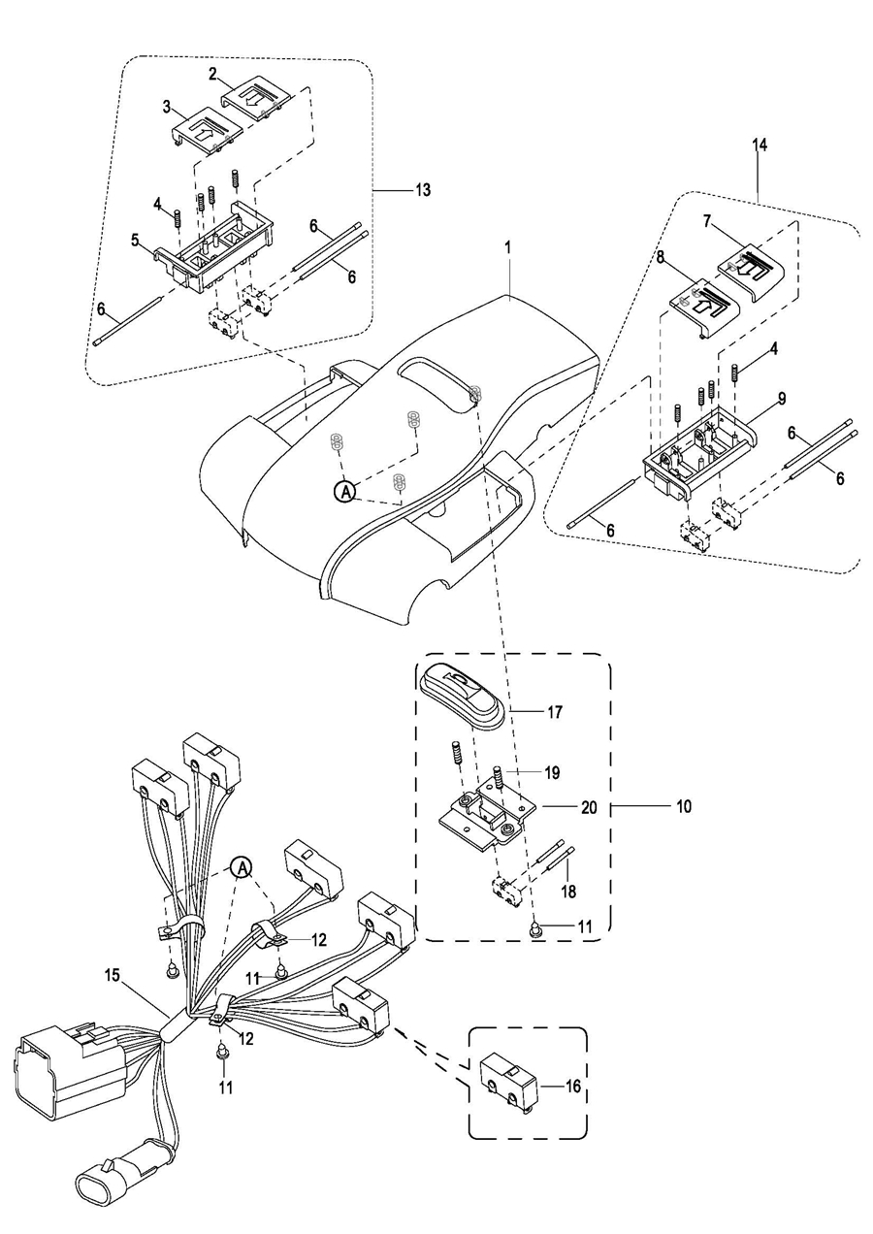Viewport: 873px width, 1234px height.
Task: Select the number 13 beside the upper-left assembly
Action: click(x=423, y=190)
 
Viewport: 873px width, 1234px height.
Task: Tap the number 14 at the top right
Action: click(x=759, y=145)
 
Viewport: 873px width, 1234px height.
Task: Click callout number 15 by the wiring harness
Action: click(x=113, y=976)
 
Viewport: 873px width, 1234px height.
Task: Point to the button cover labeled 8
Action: click(x=703, y=304)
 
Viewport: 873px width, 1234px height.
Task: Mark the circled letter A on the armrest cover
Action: click(x=343, y=492)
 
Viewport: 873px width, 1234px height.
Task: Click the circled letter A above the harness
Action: click(x=242, y=865)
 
